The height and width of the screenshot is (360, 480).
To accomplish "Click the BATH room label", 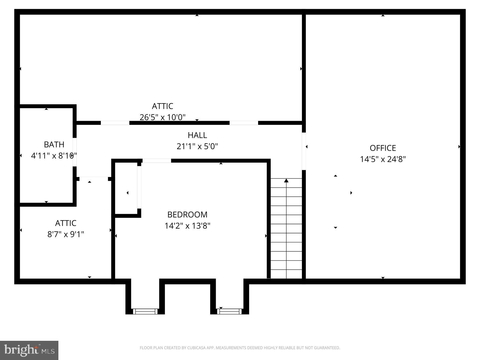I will tap(54, 145).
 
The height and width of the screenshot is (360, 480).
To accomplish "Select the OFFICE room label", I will tap(383, 148).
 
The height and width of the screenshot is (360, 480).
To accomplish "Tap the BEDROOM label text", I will tap(187, 215).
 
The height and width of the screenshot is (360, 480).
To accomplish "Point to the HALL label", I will tap(197, 135).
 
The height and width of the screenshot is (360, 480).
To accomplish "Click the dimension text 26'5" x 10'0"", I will tap(162, 117).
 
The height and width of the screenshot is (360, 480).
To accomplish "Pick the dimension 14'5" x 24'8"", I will tap(383, 159).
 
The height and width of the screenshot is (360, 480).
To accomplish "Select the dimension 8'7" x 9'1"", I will tap(66, 234).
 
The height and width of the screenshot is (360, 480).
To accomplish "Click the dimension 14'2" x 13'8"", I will tap(187, 226).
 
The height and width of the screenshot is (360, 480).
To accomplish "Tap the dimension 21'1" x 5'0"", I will tap(197, 146).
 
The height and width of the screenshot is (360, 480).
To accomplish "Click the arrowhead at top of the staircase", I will tap(286, 181).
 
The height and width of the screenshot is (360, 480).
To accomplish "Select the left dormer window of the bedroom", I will tap(145, 311).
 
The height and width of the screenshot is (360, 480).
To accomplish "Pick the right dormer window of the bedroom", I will tap(230, 311).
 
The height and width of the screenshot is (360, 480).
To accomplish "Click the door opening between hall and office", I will tap(303, 151).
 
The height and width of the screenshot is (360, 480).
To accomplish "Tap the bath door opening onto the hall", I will tap(75, 152).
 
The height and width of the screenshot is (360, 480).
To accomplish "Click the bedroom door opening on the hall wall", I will tap(157, 161).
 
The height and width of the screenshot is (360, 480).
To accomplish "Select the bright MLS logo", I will tap(29, 350).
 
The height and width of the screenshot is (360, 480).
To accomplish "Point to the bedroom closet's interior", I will tap(126, 189).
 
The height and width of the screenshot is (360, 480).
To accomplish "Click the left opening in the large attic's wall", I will tap(115, 123).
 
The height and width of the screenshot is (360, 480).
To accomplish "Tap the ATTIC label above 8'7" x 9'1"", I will tap(66, 223).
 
